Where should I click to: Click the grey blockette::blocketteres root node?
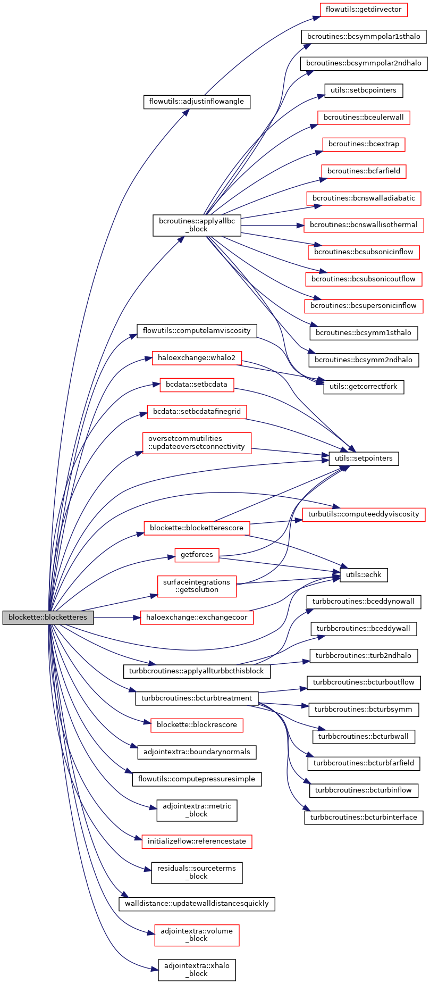tap(48, 618)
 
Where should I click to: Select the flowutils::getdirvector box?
tap(364, 10)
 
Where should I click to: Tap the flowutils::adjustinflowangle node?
tap(197, 102)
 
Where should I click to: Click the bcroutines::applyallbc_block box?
tap(197, 226)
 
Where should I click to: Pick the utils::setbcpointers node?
tap(364, 90)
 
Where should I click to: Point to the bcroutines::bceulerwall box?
tap(364, 118)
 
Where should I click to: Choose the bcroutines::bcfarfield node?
tap(364, 171)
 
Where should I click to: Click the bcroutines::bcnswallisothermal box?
tap(364, 225)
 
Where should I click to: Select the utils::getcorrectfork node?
tap(364, 387)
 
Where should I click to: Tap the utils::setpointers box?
tap(364, 458)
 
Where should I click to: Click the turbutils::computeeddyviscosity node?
tap(364, 514)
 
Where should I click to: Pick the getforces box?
tap(197, 555)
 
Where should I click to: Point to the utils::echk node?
tap(364, 575)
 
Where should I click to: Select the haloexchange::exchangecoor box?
tap(197, 618)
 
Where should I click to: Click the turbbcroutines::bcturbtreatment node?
tap(197, 698)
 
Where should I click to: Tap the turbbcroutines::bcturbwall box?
tap(364, 736)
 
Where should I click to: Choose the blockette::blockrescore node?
tap(197, 725)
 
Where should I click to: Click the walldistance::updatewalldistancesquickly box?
tap(197, 904)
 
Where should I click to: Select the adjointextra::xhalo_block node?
tap(197, 970)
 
